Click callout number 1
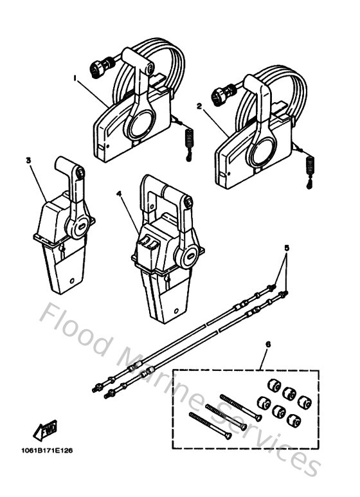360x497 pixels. pos(75,78)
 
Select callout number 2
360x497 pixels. pos(199,105)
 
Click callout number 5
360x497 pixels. pos(287,247)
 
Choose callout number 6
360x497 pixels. pos(267,345)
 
